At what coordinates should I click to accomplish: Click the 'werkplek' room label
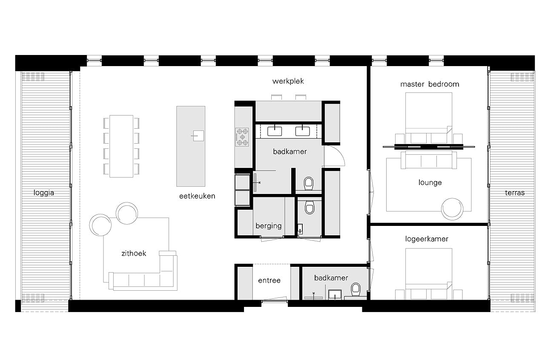pos(288,81)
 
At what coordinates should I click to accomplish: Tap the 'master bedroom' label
pos(430,84)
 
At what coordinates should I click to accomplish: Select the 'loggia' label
pos(44,193)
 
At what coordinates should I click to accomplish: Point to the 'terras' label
pos(515,193)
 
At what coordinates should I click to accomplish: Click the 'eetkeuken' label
pos(197,196)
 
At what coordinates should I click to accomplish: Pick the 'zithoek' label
pos(134,253)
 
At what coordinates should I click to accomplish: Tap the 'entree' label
pos(269,280)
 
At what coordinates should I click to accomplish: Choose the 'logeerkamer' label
pos(427,239)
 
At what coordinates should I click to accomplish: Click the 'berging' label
pos(269,226)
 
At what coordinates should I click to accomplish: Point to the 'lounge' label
pos(430,182)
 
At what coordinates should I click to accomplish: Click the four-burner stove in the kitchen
pos(242,137)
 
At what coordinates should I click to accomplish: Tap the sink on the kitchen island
pos(198,136)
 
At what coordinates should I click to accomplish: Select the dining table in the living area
pos(121,146)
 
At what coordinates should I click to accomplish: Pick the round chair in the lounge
pos(452,209)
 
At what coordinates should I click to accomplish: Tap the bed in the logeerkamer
pos(429,274)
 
